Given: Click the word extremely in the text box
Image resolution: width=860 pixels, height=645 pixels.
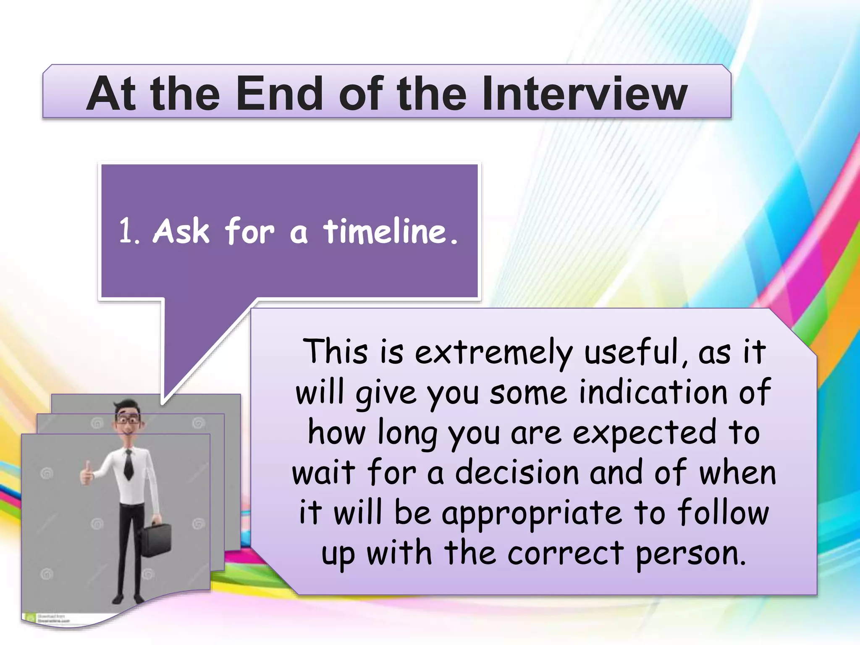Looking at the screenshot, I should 493,353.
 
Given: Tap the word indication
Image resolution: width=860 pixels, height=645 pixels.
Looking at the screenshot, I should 653,392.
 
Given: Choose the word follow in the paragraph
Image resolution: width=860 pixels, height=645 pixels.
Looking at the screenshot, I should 723,513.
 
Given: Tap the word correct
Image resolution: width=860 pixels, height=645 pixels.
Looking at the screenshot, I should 565,553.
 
